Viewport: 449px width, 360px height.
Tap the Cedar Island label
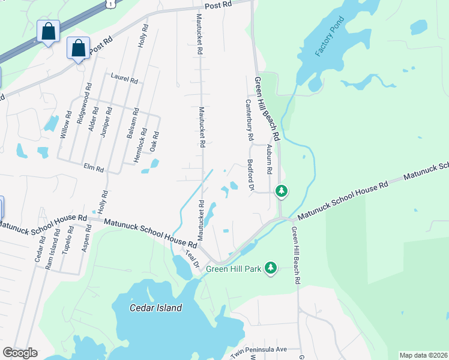(x=156, y=308)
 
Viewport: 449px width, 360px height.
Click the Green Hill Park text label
(x=234, y=269)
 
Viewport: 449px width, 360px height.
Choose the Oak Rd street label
(x=155, y=142)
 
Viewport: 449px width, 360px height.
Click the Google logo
(x=20, y=353)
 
